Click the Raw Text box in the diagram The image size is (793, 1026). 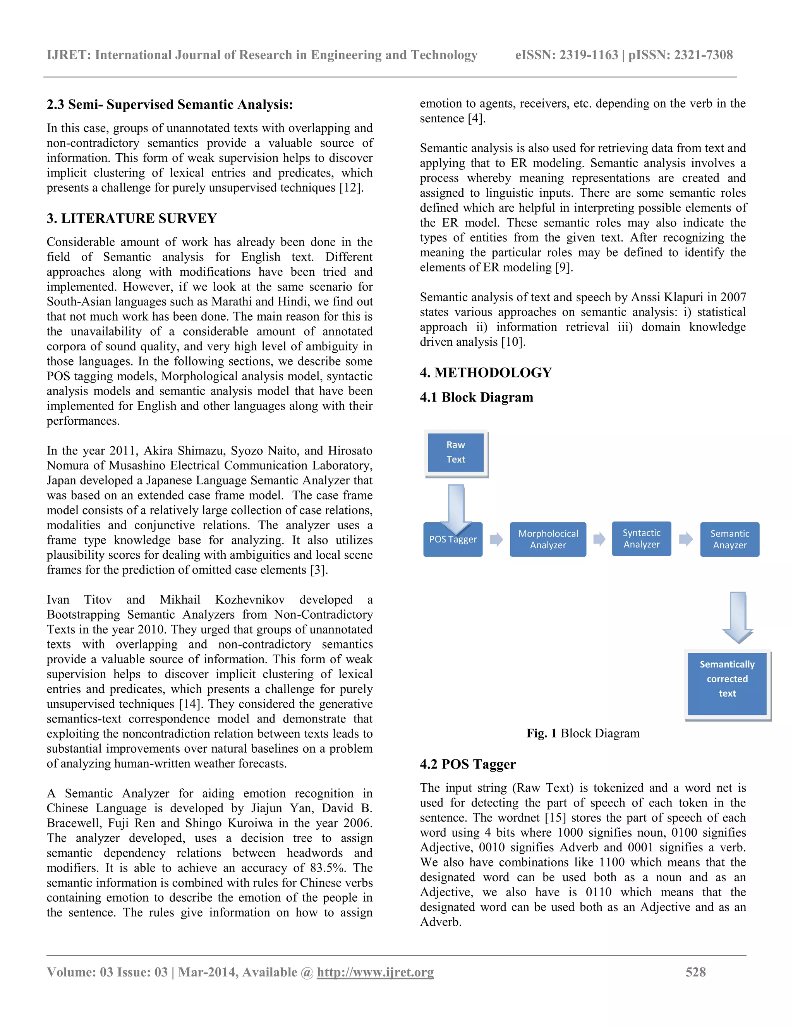(x=456, y=452)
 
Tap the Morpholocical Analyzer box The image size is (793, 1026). (x=548, y=539)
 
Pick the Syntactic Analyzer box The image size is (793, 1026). (x=641, y=539)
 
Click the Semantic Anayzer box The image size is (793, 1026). (x=729, y=539)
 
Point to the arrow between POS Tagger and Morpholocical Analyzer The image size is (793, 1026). (x=496, y=539)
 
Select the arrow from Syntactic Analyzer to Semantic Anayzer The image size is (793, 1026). (x=686, y=539)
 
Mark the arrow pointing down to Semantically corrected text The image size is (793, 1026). (x=738, y=617)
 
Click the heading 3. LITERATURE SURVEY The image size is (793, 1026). (x=132, y=218)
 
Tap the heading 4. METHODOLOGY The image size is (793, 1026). (x=486, y=372)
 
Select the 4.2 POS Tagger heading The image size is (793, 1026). (x=468, y=764)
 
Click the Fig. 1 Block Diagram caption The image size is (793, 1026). (x=583, y=733)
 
